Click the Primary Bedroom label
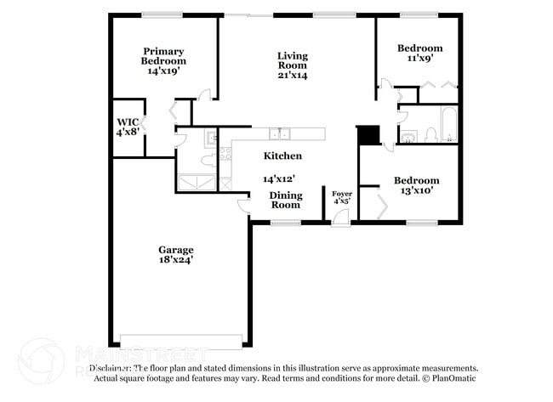click(163, 56)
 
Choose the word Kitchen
click(282, 156)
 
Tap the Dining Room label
click(285, 200)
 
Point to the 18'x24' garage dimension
click(175, 261)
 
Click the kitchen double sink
click(279, 133)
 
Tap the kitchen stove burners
click(225, 154)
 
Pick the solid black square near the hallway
click(368, 135)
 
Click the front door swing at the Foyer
click(340, 218)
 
